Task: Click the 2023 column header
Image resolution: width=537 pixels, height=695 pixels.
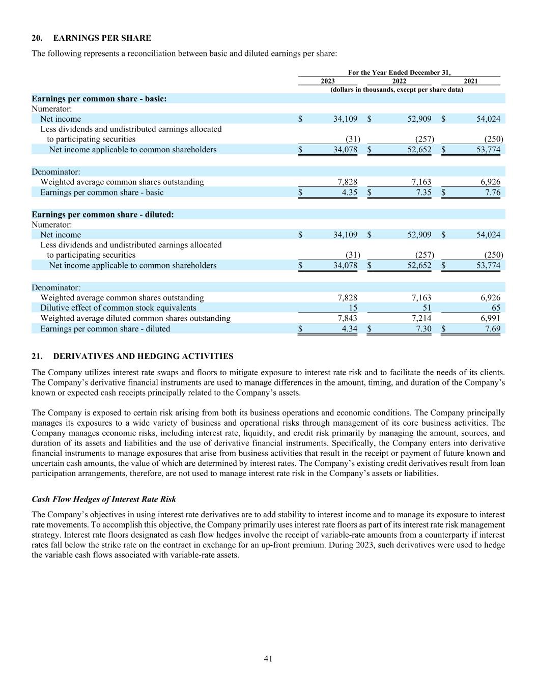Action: pyautogui.click(x=328, y=81)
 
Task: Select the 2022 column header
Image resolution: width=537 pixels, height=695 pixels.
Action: pyautogui.click(x=399, y=81)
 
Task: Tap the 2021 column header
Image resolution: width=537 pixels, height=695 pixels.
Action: pyautogui.click(x=471, y=81)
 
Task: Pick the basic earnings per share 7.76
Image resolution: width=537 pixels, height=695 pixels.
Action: pyautogui.click(x=492, y=192)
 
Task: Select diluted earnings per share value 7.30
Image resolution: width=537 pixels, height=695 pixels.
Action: pyautogui.click(x=423, y=329)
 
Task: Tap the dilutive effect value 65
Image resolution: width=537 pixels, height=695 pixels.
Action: pyautogui.click(x=496, y=308)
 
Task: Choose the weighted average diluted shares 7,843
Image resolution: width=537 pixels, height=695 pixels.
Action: pyautogui.click(x=348, y=318)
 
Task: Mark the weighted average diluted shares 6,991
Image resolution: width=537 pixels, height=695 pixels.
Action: pyautogui.click(x=491, y=318)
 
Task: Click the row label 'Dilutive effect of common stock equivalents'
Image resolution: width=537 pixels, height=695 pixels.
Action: pyautogui.click(x=118, y=308)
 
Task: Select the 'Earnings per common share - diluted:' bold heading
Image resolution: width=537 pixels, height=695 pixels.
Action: pyautogui.click(x=103, y=215)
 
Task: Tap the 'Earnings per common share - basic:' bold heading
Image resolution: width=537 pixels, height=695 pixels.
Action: pyautogui.click(x=99, y=99)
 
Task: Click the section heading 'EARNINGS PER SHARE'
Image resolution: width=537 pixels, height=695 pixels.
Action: pyautogui.click(x=102, y=38)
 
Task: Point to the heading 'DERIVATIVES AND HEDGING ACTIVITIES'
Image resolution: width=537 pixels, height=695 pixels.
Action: pyautogui.click(x=143, y=356)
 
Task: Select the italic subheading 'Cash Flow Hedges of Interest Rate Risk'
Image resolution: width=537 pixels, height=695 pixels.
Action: pyautogui.click(x=104, y=499)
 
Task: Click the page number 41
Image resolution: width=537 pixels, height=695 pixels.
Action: pyautogui.click(x=268, y=659)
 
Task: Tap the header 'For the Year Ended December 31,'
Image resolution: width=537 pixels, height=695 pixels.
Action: pyautogui.click(x=399, y=73)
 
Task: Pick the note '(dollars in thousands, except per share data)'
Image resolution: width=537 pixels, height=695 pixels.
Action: pyautogui.click(x=397, y=90)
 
